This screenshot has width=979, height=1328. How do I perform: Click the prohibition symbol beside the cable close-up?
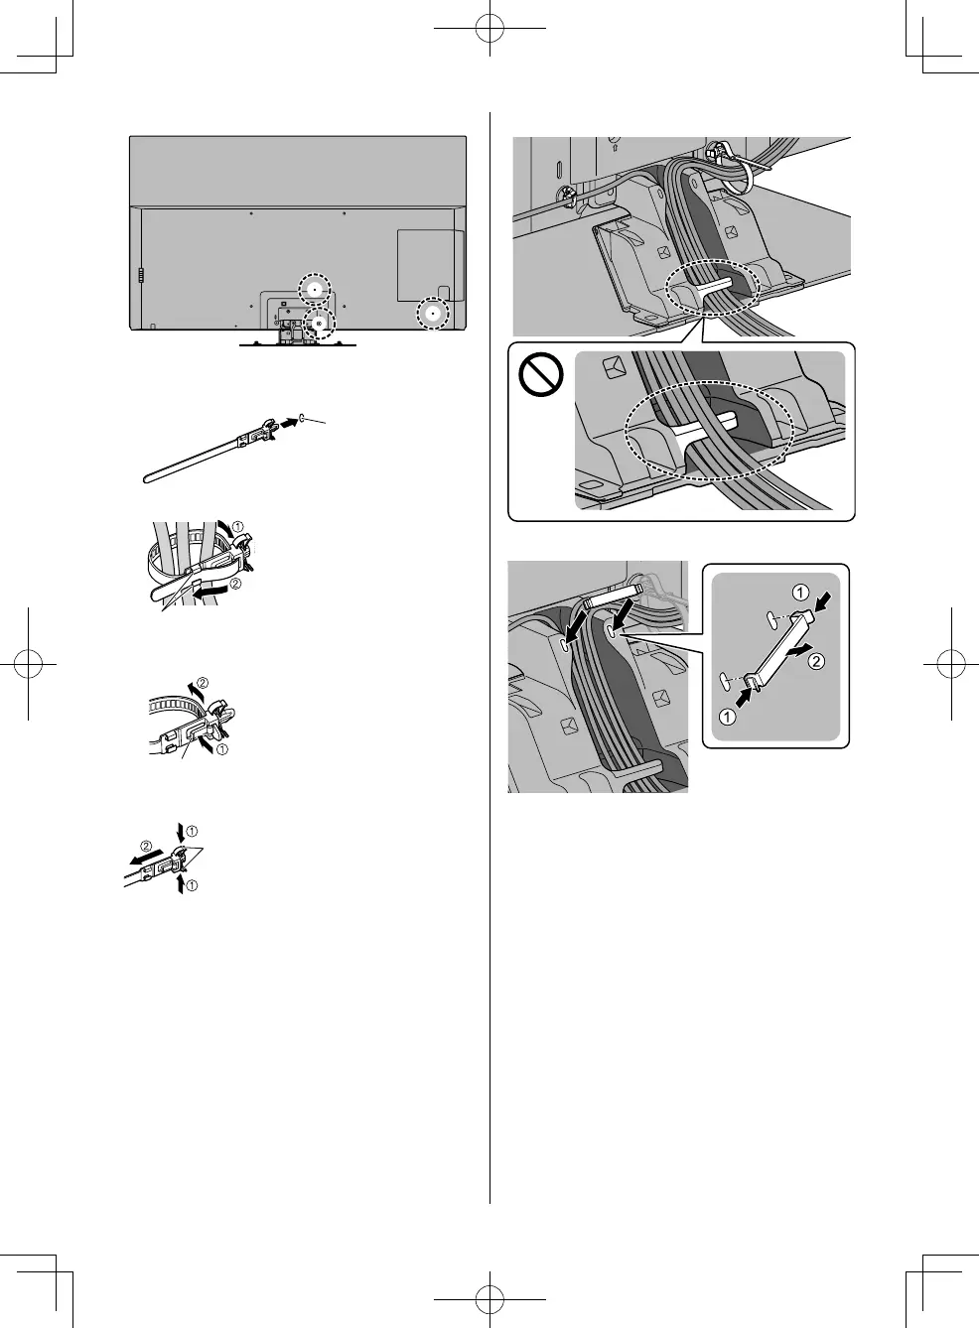(541, 376)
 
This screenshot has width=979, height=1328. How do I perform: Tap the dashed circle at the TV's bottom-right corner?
(432, 314)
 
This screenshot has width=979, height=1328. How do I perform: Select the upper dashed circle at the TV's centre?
(314, 289)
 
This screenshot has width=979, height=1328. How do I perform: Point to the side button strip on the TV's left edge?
(140, 275)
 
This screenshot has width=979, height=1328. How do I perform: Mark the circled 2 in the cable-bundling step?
(235, 584)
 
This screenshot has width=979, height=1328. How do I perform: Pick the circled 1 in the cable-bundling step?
(237, 526)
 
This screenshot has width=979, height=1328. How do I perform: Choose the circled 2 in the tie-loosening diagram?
(203, 683)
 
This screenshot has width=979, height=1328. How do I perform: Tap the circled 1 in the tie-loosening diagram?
(221, 749)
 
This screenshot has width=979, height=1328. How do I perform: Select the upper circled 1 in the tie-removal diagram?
(192, 830)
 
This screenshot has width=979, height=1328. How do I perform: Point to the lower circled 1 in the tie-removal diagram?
(192, 885)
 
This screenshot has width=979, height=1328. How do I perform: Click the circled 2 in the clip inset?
(816, 662)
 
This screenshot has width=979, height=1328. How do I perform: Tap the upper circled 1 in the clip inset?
(800, 594)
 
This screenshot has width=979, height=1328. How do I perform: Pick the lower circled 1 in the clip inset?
(727, 718)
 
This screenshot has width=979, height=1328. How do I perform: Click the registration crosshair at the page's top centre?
(489, 29)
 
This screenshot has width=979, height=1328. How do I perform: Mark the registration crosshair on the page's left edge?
(29, 664)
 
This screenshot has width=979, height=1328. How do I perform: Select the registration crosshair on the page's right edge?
(950, 664)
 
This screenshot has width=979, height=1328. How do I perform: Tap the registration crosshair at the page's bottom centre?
(489, 1298)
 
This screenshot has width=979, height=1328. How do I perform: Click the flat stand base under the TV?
(298, 344)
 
